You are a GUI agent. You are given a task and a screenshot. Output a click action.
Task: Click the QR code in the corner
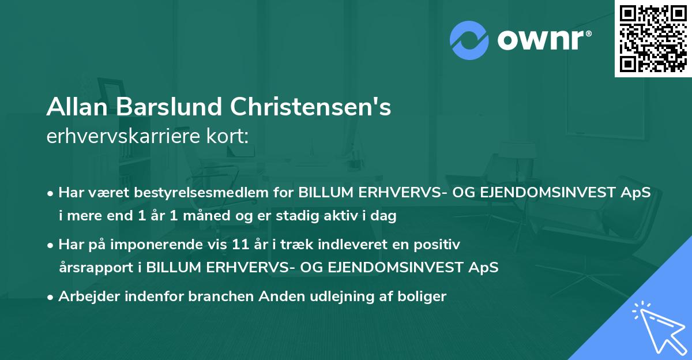(x=653, y=39)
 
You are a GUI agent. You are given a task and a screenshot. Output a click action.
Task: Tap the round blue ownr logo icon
(x=470, y=39)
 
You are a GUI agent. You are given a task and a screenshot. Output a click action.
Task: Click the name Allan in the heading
(x=76, y=107)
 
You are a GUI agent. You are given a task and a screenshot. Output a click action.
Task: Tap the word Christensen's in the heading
(x=311, y=107)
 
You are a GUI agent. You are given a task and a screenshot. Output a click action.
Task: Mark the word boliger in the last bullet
(x=424, y=297)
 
